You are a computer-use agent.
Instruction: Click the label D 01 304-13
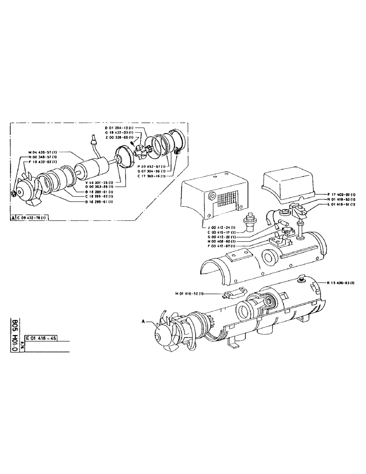pos(119,128)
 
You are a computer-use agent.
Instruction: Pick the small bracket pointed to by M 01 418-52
pos(233,295)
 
